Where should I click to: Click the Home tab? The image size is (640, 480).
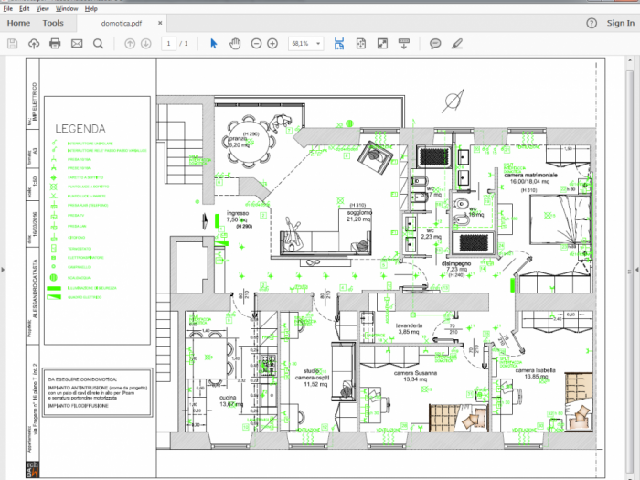click(x=18, y=23)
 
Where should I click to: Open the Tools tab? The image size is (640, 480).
click(x=53, y=23)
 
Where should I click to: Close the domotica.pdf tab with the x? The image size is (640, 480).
click(x=165, y=23)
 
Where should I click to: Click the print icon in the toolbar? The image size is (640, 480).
click(x=55, y=43)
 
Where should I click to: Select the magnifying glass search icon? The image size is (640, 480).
click(x=97, y=43)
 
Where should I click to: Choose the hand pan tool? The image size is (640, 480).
click(x=234, y=43)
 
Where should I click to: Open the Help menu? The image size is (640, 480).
click(x=91, y=8)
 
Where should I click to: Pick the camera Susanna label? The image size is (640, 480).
click(x=415, y=374)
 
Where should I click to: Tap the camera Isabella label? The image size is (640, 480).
click(x=536, y=371)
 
